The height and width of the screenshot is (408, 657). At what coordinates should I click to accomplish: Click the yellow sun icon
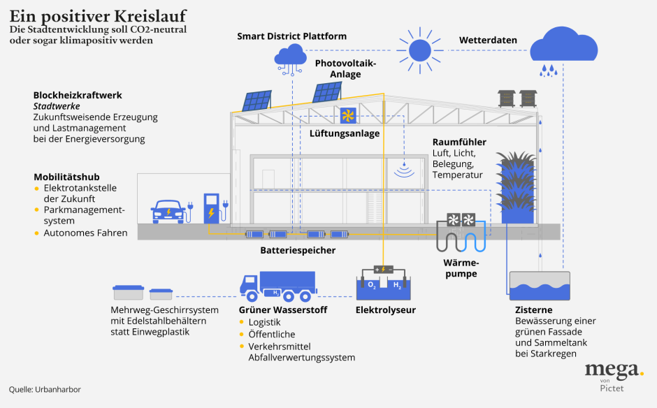point(420,50)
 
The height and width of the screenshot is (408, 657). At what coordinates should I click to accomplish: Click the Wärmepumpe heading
point(460,268)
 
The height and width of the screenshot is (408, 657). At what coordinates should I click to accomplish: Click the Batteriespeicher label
point(298,250)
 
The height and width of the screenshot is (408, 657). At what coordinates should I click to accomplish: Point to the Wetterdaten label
point(488,41)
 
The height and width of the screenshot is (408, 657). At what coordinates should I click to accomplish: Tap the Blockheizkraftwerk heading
point(78,95)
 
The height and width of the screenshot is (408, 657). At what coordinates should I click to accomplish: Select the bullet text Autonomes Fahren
point(85,233)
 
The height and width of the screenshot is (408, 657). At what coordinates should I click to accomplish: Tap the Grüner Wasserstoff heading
point(283,309)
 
